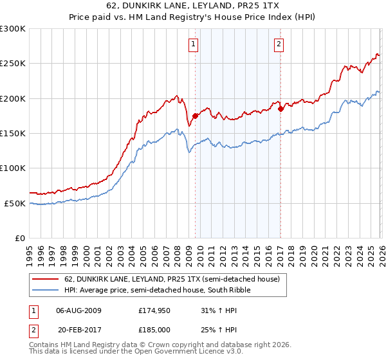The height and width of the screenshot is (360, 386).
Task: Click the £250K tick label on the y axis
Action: (x=12, y=64)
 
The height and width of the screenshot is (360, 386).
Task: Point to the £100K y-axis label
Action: (x=12, y=168)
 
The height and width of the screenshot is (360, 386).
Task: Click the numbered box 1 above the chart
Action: (x=194, y=44)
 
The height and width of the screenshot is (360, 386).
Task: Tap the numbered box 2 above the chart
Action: (x=279, y=44)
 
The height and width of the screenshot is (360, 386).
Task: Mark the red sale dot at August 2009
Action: (x=195, y=116)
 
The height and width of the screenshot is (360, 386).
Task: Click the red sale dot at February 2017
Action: (x=280, y=109)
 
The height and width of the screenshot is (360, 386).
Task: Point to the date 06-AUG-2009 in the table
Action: (x=78, y=310)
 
